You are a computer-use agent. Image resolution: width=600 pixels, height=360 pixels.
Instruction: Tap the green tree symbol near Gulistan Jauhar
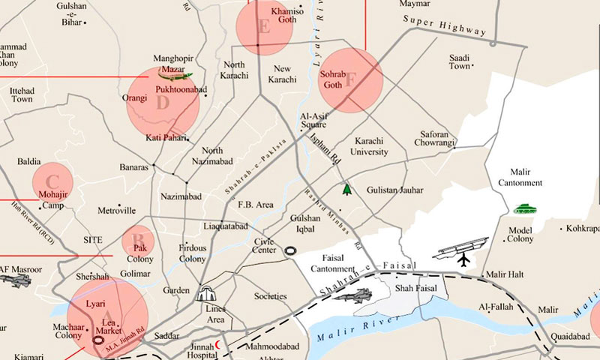pos(346,189)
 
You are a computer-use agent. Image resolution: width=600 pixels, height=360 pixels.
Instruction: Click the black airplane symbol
pos(463,259)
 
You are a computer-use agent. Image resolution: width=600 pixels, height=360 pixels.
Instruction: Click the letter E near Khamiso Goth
pos(263,28)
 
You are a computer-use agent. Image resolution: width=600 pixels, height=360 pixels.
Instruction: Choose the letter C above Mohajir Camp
pos(52,181)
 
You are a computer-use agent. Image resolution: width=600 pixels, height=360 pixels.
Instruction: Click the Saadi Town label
pos(459,62)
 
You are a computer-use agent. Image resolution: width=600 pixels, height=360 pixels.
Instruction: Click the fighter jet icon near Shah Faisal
pos(352,295)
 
